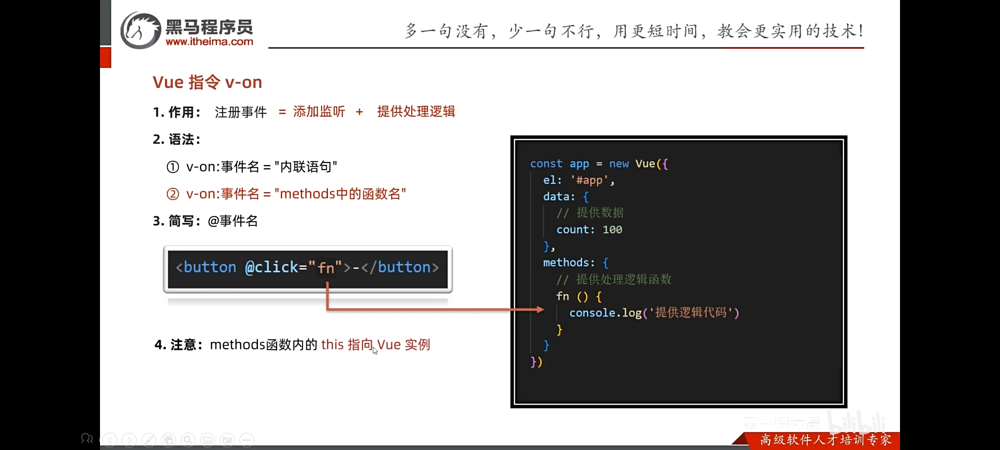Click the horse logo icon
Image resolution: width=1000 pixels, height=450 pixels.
(x=140, y=30)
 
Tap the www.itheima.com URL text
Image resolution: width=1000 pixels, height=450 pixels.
(x=209, y=42)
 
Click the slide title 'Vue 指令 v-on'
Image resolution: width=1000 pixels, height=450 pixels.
(x=207, y=82)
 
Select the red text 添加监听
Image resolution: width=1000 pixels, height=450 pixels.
(x=319, y=111)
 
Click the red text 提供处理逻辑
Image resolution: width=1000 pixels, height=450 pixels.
(x=416, y=111)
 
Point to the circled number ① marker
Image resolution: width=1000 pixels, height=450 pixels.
(x=173, y=167)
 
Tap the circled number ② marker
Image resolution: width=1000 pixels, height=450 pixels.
(x=173, y=194)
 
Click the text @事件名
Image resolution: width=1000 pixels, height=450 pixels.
(x=232, y=221)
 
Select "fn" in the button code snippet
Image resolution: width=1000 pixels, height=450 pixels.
(x=326, y=267)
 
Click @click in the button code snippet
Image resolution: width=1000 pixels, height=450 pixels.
(x=272, y=267)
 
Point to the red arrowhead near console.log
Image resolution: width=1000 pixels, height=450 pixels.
(x=540, y=309)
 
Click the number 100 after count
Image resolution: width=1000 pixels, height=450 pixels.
(x=612, y=230)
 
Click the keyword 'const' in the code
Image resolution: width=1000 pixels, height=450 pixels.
(x=546, y=163)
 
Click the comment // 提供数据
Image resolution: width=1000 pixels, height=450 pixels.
(x=590, y=213)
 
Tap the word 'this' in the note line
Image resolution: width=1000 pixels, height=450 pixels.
(x=332, y=345)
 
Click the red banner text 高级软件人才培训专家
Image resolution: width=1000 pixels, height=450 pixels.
(x=826, y=440)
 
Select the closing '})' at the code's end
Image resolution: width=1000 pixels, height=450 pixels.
(x=536, y=362)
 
